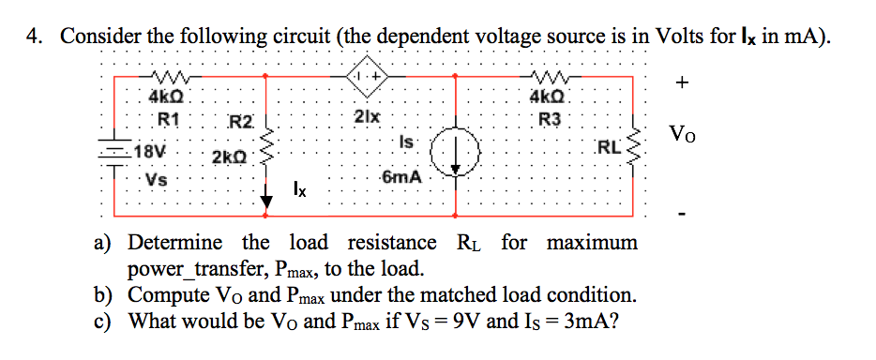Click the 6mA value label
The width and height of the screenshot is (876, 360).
[x=400, y=178]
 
